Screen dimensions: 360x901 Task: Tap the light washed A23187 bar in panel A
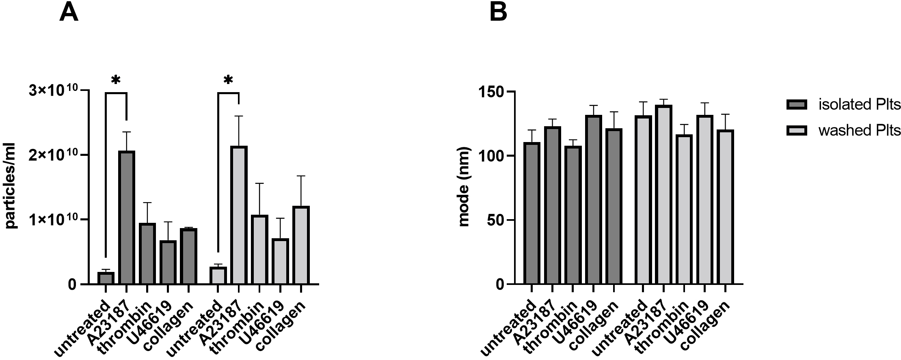coord(239,215)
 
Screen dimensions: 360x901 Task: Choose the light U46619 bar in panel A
coord(280,261)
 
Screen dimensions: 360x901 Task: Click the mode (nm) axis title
coord(464,186)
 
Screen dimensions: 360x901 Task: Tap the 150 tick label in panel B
coord(490,92)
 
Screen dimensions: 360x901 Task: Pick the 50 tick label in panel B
coord(495,220)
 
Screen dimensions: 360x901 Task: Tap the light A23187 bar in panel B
coord(663,195)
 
